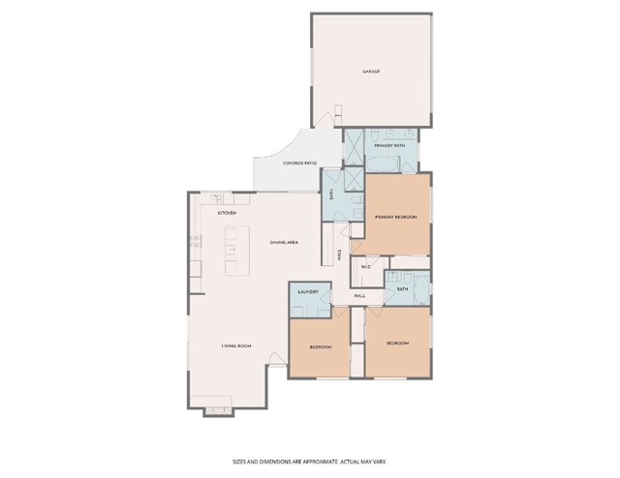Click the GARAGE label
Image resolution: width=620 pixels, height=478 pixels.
tap(370, 72)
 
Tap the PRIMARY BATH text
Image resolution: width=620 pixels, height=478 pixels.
tap(388, 145)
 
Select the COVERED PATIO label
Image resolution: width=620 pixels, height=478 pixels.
tap(299, 164)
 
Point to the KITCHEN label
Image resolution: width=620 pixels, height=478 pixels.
tap(227, 212)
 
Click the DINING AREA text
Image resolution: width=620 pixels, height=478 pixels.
tap(284, 242)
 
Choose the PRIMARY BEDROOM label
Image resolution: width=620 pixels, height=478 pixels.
tap(397, 217)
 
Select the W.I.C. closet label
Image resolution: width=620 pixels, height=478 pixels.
tap(366, 267)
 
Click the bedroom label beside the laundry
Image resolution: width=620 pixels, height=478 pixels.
tap(321, 346)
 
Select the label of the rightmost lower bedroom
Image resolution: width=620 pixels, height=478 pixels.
tap(397, 344)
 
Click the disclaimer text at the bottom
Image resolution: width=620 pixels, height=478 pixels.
tap(309, 462)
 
